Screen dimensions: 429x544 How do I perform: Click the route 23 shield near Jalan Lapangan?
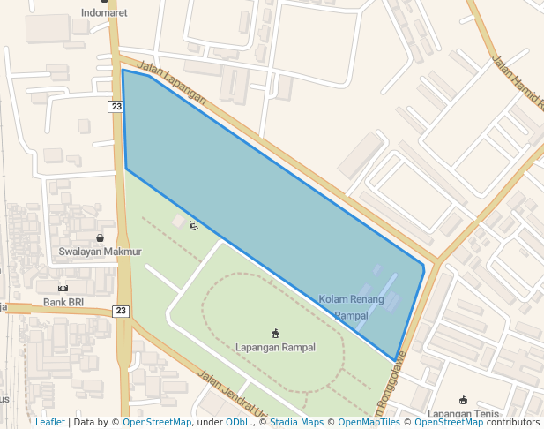(x=116, y=107)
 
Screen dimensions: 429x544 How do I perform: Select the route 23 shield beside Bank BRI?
(x=121, y=311)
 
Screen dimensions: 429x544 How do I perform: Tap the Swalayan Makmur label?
(x=100, y=252)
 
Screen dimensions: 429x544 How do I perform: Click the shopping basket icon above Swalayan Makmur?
(x=100, y=238)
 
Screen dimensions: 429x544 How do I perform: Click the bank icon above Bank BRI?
(x=63, y=289)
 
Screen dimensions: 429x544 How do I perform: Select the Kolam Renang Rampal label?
(x=351, y=307)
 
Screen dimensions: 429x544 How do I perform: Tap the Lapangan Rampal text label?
(x=275, y=347)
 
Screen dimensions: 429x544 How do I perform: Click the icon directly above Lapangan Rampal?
(x=275, y=334)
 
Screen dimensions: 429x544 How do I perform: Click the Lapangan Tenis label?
(x=463, y=413)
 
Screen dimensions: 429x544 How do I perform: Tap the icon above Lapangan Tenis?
(x=463, y=401)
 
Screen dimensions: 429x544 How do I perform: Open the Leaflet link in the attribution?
(x=49, y=423)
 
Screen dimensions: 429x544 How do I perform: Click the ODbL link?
(x=237, y=423)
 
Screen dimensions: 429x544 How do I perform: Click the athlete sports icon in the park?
(x=193, y=225)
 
